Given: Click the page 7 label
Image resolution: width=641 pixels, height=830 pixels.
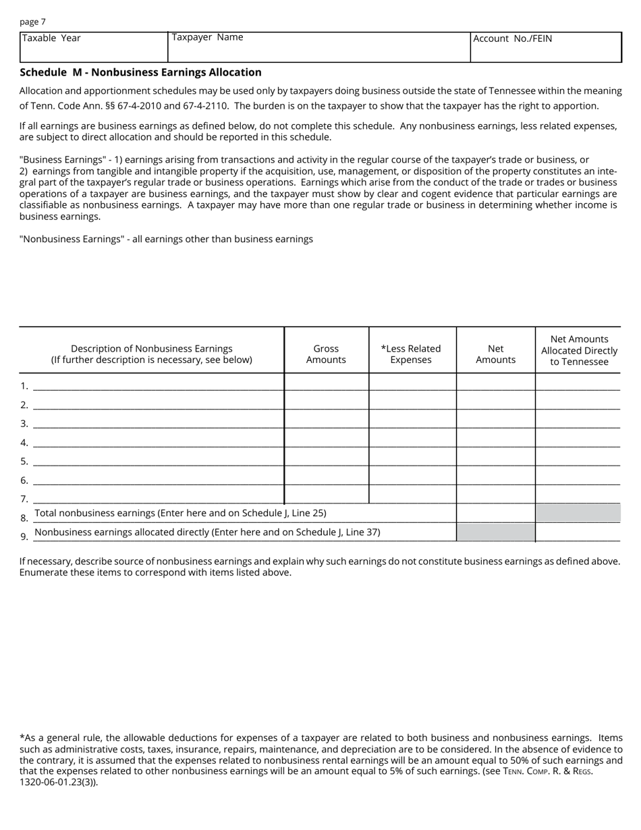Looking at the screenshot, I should tap(33, 22).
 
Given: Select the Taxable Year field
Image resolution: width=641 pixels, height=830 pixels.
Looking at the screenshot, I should tap(93, 48).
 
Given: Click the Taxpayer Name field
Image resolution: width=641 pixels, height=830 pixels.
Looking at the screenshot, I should tap(318, 48).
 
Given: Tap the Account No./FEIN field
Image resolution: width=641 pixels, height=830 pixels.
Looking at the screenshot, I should tap(545, 48).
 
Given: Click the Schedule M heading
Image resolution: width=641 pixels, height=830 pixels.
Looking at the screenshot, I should tap(140, 72).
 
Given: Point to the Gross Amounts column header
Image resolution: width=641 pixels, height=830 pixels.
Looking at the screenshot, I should tap(326, 354).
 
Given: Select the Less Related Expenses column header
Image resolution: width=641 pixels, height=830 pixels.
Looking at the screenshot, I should tap(411, 354).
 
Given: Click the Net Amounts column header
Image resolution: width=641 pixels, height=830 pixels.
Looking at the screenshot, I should tap(495, 354).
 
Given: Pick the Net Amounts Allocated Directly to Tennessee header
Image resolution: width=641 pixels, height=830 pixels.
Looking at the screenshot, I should tap(579, 350).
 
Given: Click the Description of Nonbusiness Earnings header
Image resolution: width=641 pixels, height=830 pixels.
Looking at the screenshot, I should tap(152, 354).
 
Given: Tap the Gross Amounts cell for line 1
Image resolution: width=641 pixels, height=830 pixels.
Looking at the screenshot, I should tap(327, 382).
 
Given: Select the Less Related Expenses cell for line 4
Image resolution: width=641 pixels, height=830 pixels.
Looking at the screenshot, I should tap(412, 439).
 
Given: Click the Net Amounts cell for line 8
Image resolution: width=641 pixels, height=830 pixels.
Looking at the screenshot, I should tap(495, 513).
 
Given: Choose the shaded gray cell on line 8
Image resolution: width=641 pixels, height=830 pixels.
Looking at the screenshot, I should tap(578, 513).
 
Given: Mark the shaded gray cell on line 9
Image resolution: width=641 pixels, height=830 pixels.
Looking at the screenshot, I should tap(495, 532).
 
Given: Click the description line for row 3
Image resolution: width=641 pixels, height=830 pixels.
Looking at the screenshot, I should tap(158, 422).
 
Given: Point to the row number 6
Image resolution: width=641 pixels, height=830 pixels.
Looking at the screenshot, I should tap(24, 480).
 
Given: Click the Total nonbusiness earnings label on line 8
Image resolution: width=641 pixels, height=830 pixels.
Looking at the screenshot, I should tap(180, 513).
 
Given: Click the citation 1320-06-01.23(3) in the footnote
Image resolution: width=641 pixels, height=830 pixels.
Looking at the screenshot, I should tap(58, 783).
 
